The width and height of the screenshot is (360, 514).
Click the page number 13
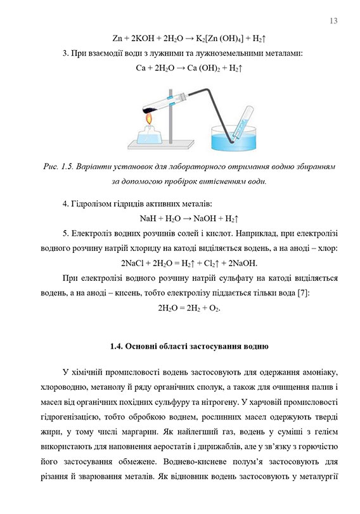[334, 22]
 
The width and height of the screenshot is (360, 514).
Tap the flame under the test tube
[148, 117]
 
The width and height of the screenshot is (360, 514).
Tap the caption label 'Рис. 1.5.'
[58, 167]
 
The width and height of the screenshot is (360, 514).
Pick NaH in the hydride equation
[148, 218]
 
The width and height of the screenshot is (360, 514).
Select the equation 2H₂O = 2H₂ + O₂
[188, 307]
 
